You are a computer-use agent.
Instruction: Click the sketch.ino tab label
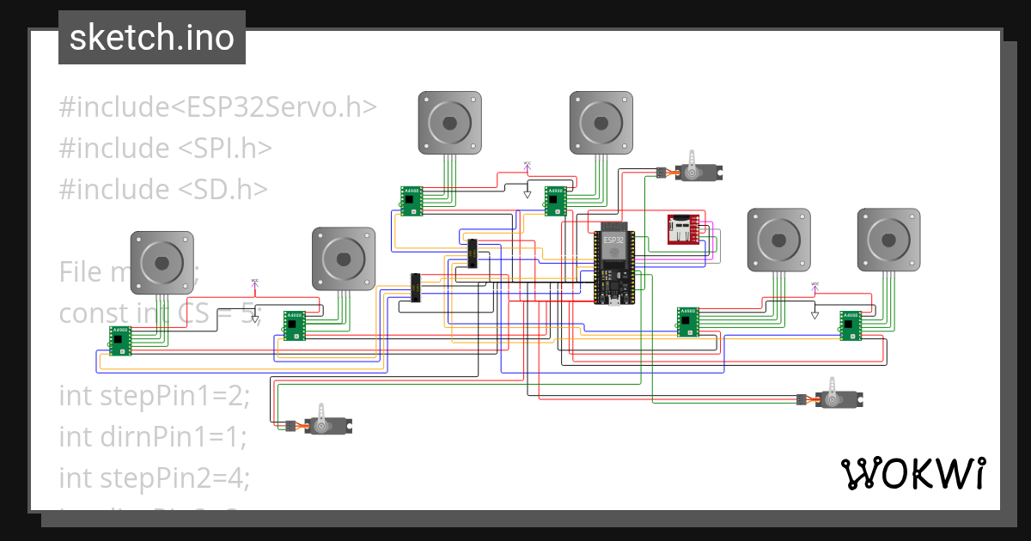(151, 38)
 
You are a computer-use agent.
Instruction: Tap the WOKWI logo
(912, 472)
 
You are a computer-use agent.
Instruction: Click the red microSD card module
(684, 230)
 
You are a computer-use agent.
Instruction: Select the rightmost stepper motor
(888, 240)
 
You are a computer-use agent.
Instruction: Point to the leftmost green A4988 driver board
(120, 340)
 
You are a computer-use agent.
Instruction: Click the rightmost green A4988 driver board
(851, 325)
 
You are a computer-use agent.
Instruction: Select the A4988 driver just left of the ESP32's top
(556, 201)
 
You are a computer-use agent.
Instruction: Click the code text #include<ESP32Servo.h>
(218, 106)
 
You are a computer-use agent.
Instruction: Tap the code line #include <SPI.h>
(165, 148)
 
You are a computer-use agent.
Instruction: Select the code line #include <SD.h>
(163, 188)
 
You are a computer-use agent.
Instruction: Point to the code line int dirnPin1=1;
(153, 436)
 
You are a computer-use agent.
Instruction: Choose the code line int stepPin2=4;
(155, 477)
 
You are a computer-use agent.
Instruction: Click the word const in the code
(82, 313)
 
